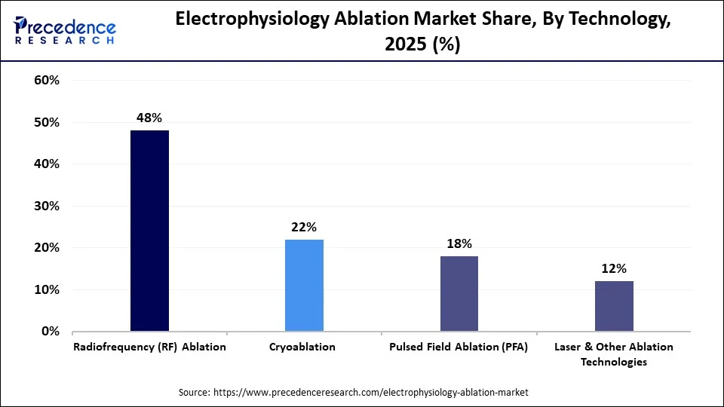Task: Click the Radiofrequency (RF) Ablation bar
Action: click(x=149, y=231)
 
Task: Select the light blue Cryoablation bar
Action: click(x=304, y=285)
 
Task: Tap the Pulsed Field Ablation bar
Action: click(x=459, y=293)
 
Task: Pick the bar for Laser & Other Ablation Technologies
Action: click(x=614, y=306)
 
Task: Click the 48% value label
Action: click(x=149, y=118)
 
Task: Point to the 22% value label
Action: click(x=304, y=227)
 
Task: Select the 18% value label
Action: click(x=459, y=243)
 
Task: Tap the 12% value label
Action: click(x=614, y=268)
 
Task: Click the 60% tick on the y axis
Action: click(x=47, y=81)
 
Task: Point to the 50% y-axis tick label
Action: click(x=47, y=122)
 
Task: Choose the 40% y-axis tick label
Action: click(x=47, y=164)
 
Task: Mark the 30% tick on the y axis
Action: click(x=47, y=206)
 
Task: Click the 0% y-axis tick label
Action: click(x=50, y=332)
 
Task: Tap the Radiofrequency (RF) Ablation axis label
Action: click(x=149, y=347)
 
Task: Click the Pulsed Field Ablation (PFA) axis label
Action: click(x=459, y=347)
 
